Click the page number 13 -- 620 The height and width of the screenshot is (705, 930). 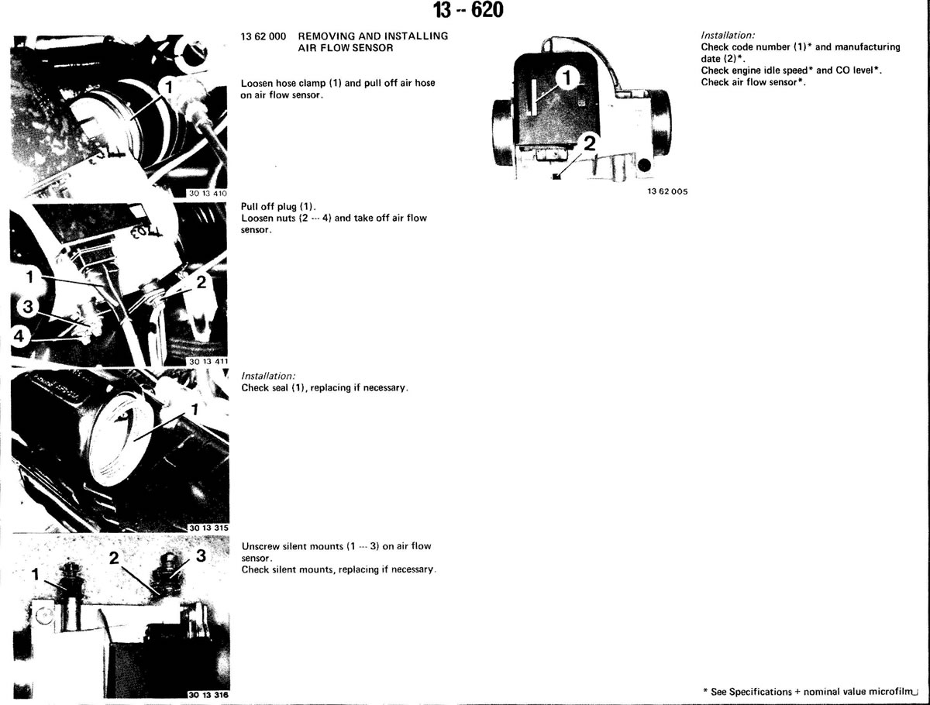[x=468, y=10]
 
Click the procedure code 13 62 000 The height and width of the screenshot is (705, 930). [x=263, y=36]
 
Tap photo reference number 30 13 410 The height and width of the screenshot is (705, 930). [x=208, y=193]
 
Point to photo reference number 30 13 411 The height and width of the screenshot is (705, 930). [x=208, y=361]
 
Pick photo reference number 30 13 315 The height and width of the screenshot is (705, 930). [x=208, y=528]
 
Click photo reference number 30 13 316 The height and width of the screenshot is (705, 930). [x=208, y=695]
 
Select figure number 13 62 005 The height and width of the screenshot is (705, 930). [x=667, y=191]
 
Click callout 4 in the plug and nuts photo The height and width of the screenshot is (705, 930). [x=19, y=337]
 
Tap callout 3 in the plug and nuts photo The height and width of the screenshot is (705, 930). [x=28, y=306]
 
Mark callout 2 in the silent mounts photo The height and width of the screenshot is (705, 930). [x=114, y=558]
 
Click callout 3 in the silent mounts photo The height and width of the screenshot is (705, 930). [x=201, y=555]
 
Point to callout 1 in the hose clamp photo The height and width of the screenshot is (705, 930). [x=169, y=88]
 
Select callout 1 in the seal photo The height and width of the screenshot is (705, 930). [x=195, y=410]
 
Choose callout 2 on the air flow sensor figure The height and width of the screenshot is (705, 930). [x=589, y=144]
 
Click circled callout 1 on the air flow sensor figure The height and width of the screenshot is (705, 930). [x=567, y=78]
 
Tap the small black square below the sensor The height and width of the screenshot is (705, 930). [x=556, y=177]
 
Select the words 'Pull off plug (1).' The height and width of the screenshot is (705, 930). [x=278, y=207]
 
